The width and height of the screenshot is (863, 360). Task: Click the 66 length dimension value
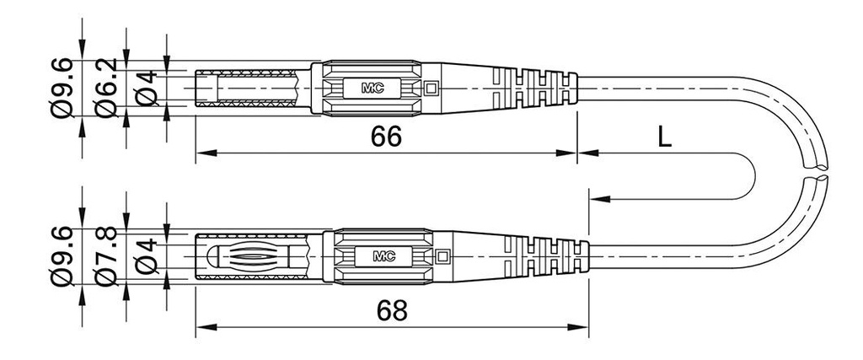pos(385,137)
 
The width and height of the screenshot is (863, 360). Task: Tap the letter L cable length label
pos(664,137)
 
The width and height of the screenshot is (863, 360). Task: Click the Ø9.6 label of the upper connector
pos(62,87)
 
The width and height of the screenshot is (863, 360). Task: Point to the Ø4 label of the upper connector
pos(147,87)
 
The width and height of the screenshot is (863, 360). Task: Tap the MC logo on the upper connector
pos(373,87)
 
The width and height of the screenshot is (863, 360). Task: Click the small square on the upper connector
pos(432,87)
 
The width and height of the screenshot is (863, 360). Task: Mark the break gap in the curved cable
pos(817,171)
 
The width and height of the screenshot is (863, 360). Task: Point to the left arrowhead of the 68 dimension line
pos(202,326)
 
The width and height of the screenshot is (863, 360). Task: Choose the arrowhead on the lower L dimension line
pos(597,199)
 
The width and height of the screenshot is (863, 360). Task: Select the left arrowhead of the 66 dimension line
pos(202,153)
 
